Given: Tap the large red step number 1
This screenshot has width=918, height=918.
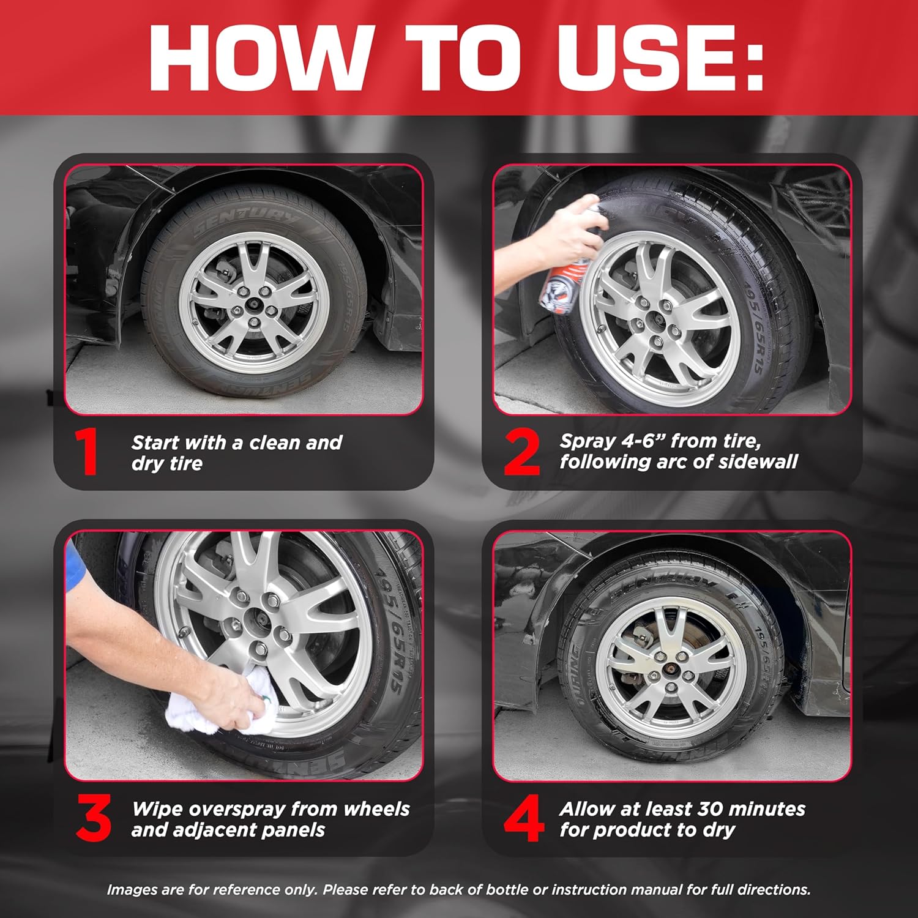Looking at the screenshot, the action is [x=88, y=452].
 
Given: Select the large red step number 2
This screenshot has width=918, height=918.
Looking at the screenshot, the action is [x=522, y=452].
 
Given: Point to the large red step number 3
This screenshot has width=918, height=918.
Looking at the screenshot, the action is [x=94, y=818].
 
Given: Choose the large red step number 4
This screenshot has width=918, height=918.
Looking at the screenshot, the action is [x=523, y=818].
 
